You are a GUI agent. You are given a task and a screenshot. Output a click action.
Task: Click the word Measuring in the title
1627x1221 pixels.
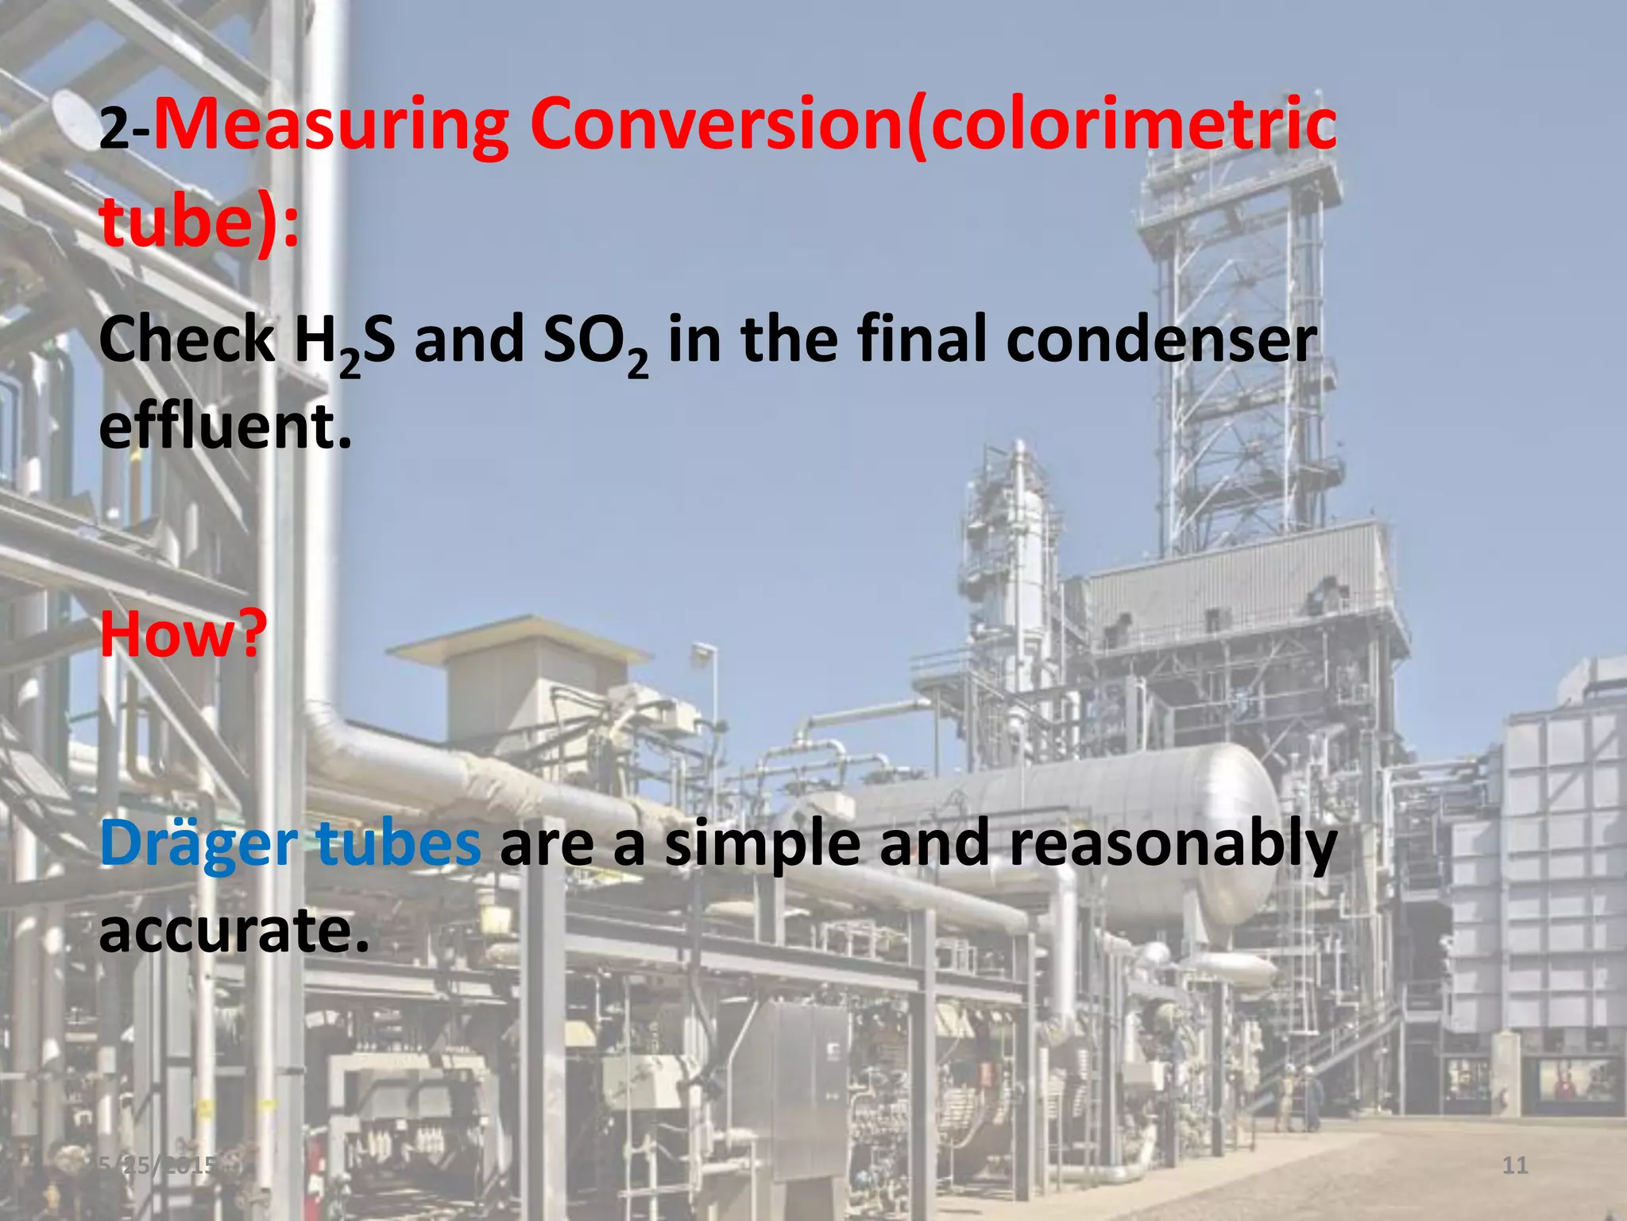click(330, 126)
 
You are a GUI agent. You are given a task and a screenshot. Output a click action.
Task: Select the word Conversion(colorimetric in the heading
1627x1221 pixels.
click(933, 126)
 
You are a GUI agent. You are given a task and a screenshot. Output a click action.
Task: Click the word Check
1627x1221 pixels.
click(187, 340)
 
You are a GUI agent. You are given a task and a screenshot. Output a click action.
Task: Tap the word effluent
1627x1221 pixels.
click(225, 428)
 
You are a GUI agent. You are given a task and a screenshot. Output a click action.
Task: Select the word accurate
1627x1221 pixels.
click(234, 930)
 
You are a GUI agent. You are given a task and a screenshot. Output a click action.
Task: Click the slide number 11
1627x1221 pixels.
click(1515, 1165)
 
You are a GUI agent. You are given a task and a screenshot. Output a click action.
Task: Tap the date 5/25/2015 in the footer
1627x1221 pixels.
click(159, 1165)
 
